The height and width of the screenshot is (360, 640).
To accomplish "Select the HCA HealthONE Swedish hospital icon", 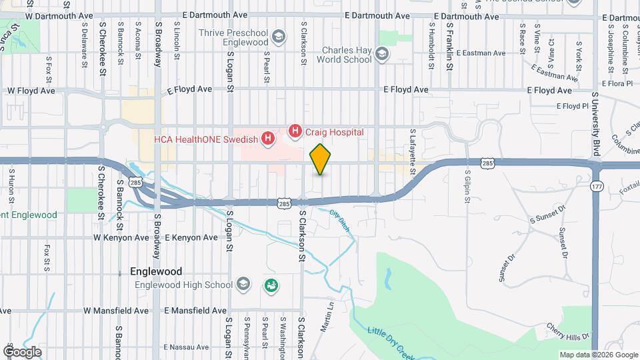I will (268, 139).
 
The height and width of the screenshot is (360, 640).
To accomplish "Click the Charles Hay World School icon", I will (382, 54).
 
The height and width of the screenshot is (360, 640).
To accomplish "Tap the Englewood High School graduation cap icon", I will (243, 285).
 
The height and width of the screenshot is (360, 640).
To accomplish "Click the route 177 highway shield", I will (596, 187).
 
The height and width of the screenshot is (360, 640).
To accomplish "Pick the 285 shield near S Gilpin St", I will (487, 163).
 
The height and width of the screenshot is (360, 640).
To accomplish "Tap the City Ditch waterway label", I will (340, 221).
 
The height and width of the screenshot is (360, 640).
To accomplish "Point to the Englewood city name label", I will (156, 272).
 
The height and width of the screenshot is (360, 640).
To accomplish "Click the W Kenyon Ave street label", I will (121, 237).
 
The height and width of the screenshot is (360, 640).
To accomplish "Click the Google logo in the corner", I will (22, 351).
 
